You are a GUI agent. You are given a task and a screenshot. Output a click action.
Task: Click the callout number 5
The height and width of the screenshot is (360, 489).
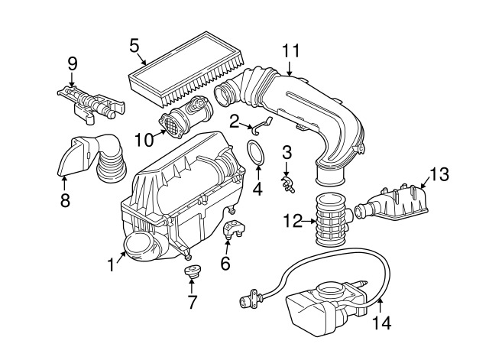[x=134, y=46]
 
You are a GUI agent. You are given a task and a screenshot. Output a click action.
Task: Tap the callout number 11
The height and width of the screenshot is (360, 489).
[x=290, y=51]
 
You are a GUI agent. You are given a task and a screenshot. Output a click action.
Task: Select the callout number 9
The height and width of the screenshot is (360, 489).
[x=73, y=63]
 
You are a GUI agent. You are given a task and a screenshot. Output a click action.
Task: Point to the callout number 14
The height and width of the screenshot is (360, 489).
[x=382, y=323]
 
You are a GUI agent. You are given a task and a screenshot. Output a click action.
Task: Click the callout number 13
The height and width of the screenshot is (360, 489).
[x=439, y=174]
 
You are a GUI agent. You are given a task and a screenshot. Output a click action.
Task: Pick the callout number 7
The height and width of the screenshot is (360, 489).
[x=192, y=302]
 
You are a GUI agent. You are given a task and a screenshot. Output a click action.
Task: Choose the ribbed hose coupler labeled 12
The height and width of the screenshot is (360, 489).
[x=332, y=219]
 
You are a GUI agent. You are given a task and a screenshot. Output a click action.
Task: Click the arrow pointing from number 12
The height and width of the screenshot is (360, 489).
[x=309, y=221]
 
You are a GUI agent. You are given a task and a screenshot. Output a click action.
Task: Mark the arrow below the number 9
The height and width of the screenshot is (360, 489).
[x=72, y=79]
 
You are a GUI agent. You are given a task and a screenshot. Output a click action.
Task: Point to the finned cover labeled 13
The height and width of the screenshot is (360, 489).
[x=392, y=203]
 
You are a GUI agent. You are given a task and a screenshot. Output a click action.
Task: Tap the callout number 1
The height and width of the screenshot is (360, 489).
[x=111, y=265]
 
